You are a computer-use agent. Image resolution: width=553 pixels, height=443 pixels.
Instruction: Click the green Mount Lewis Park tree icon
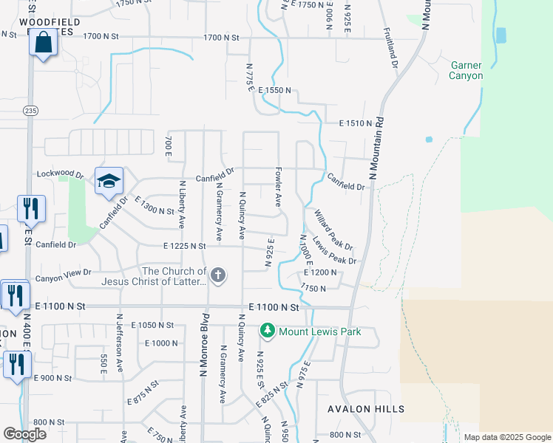(268, 332)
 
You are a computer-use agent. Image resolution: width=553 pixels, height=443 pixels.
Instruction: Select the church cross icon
(217, 276)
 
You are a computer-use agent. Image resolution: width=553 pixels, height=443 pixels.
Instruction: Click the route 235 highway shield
(30, 110)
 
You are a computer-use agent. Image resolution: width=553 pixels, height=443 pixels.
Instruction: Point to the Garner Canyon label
(467, 70)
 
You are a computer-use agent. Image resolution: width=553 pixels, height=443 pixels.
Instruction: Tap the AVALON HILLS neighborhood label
(367, 409)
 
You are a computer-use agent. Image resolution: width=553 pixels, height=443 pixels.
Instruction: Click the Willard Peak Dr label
(333, 229)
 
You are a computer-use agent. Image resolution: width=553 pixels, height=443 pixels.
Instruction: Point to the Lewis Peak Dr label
(335, 250)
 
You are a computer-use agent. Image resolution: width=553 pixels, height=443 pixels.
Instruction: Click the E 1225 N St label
(185, 246)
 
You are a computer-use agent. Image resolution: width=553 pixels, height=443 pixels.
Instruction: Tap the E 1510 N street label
(354, 123)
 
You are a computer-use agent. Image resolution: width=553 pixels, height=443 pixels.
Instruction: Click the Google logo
(24, 434)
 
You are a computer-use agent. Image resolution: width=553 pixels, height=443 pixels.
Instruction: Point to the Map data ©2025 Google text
(506, 437)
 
